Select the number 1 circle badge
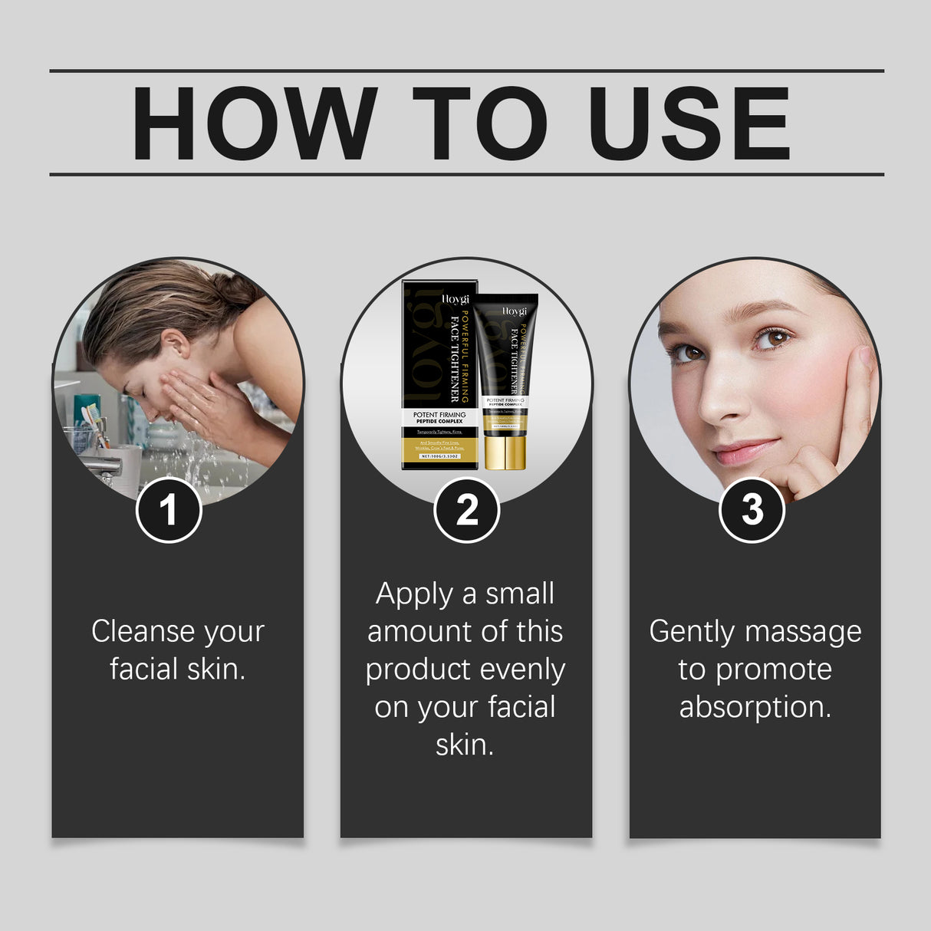point(169,510)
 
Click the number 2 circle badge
point(466,510)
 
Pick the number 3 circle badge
point(752,510)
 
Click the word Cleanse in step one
point(142,631)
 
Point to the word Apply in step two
point(415,595)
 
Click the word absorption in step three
point(755,706)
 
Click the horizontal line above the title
point(466,71)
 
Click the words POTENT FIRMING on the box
point(439,415)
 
